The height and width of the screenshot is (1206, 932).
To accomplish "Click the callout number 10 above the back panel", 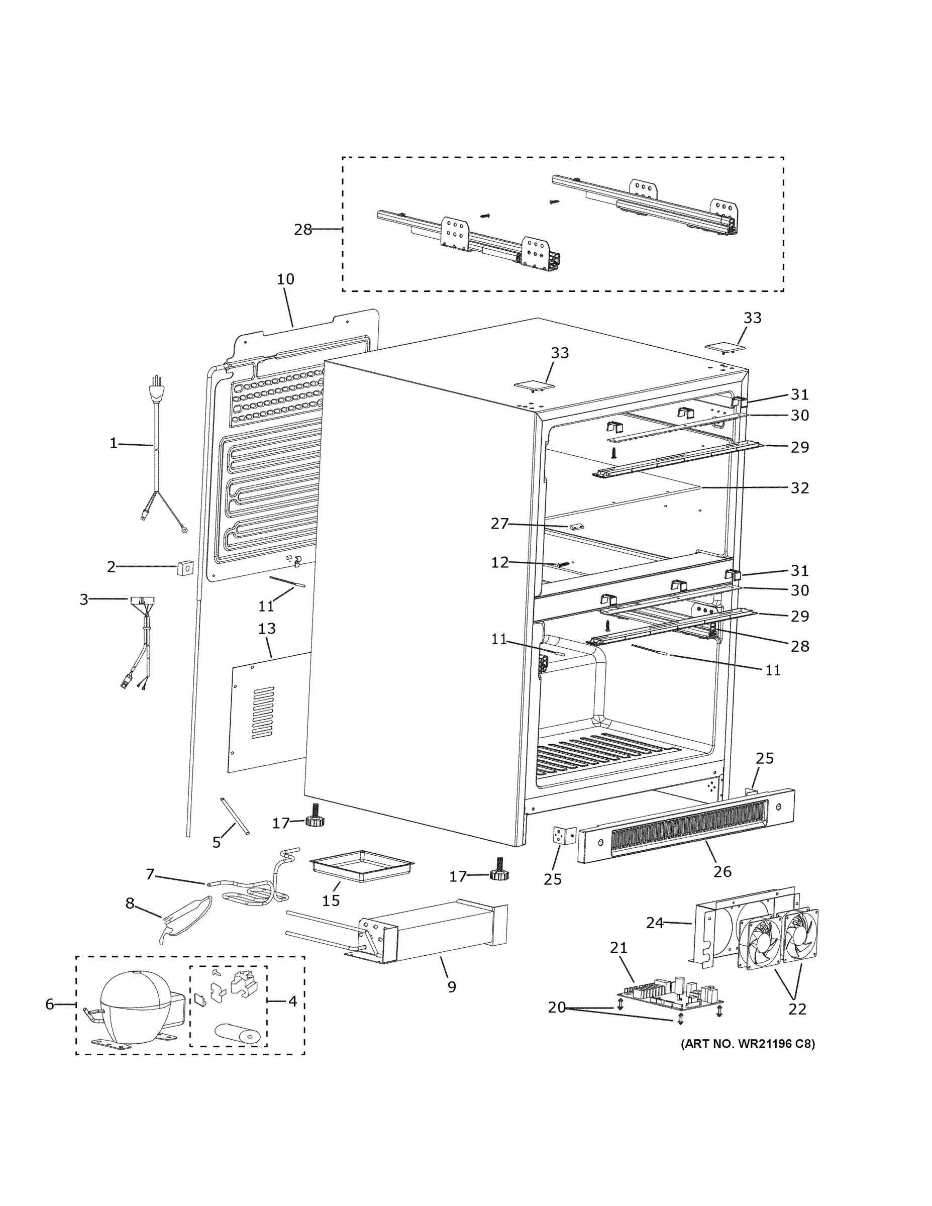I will pos(285,279).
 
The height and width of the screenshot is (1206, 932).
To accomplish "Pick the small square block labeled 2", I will pos(185,567).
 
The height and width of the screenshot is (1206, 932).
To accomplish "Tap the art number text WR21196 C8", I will pos(748,1044).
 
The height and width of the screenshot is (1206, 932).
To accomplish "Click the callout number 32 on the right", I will pos(799,488).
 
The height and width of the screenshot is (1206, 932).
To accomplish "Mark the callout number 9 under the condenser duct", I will pos(452,987).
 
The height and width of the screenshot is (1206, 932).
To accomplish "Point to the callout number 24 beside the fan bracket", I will pos(654,923).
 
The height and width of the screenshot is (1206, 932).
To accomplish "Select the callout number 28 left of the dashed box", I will pos(302,230).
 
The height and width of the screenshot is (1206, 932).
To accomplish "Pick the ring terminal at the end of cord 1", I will pos(184,530).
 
